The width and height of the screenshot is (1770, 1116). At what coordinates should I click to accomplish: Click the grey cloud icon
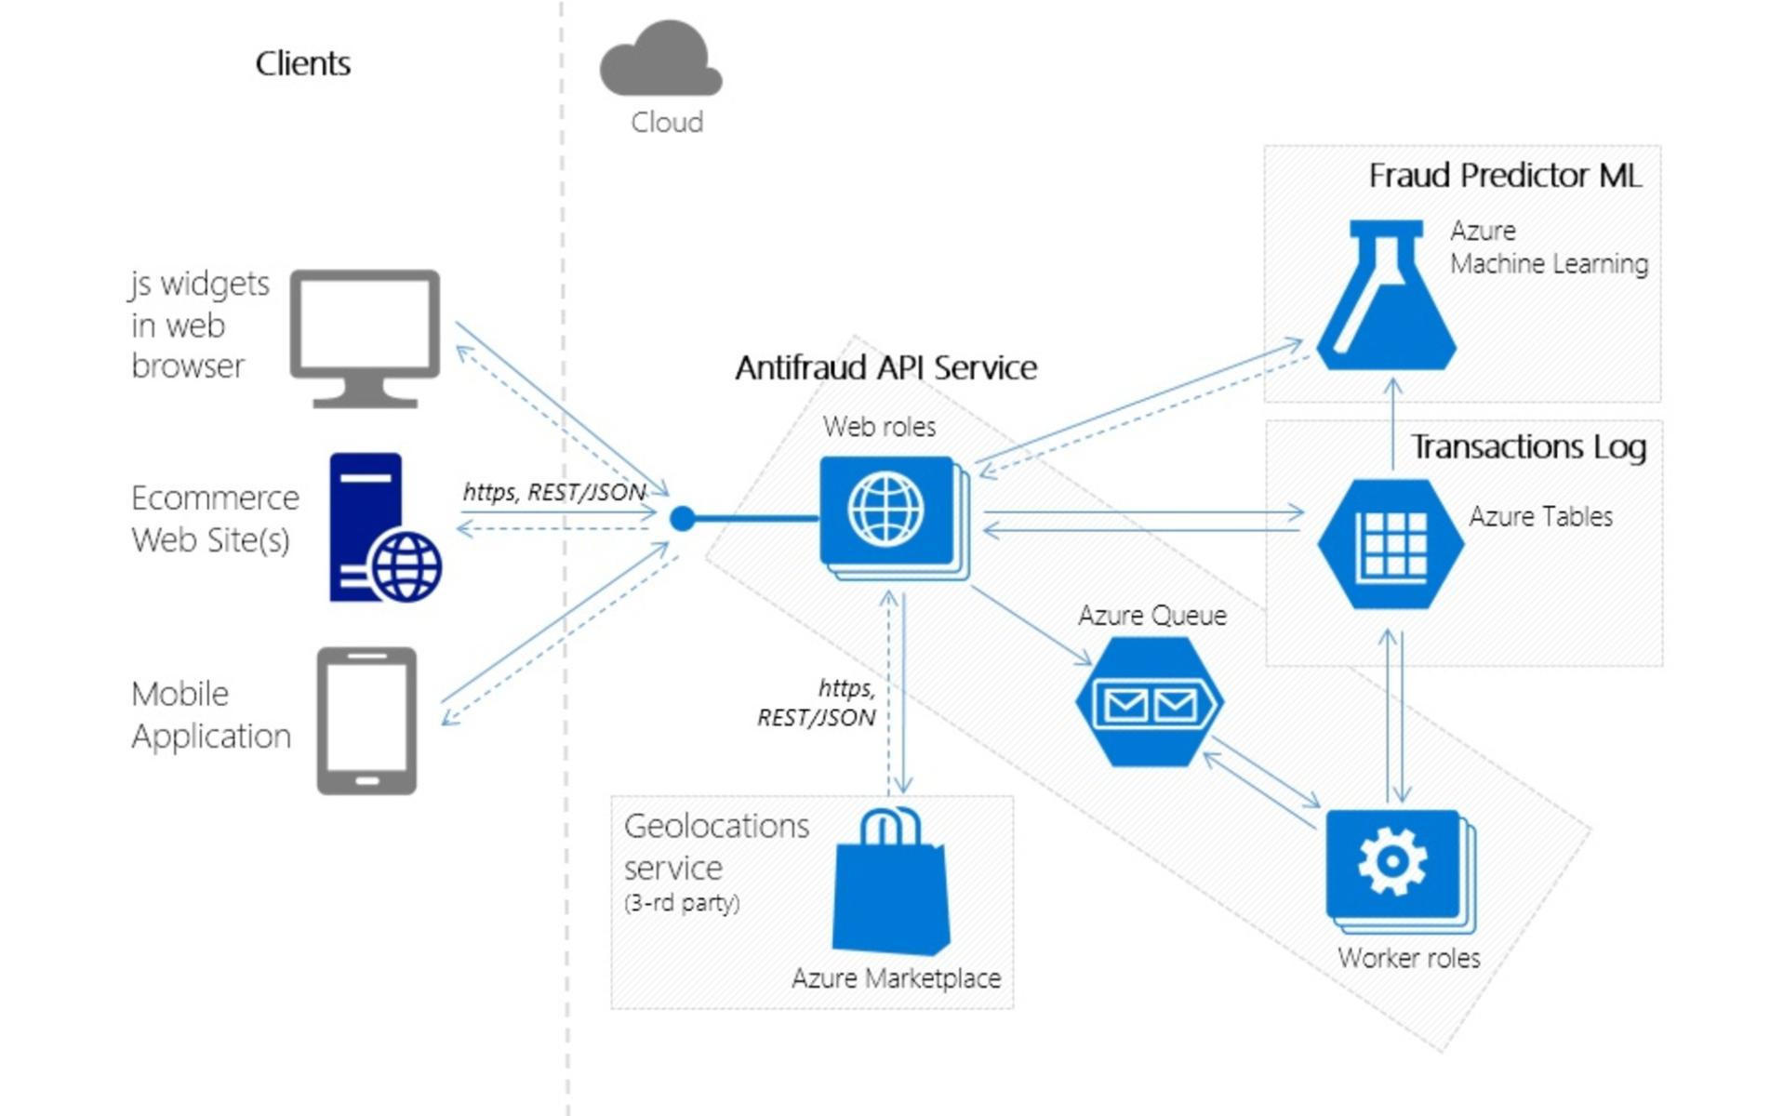660,60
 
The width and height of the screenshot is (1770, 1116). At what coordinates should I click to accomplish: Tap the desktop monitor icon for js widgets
365,337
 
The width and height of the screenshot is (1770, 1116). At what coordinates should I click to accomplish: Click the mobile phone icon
366,721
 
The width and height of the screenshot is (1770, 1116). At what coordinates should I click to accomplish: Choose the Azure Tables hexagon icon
1391,544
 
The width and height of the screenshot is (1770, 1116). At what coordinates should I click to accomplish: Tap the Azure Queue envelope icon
1150,703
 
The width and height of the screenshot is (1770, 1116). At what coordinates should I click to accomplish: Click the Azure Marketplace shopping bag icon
891,883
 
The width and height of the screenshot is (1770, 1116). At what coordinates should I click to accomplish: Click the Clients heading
302,63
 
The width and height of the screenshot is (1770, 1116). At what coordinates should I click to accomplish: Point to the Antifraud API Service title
885,367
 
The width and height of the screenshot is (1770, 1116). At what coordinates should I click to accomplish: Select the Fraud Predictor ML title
1504,175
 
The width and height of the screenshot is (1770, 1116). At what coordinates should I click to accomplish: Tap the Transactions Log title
1528,446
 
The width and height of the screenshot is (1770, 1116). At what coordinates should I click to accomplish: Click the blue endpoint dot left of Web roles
682,518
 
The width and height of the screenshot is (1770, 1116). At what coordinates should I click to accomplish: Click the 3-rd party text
682,902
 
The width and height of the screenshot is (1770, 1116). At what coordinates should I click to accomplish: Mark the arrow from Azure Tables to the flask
1392,423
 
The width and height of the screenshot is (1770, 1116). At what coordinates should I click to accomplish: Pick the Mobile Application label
211,714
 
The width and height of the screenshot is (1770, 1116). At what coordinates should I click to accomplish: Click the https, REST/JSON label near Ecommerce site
554,491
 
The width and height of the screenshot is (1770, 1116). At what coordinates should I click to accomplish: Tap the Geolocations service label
716,846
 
